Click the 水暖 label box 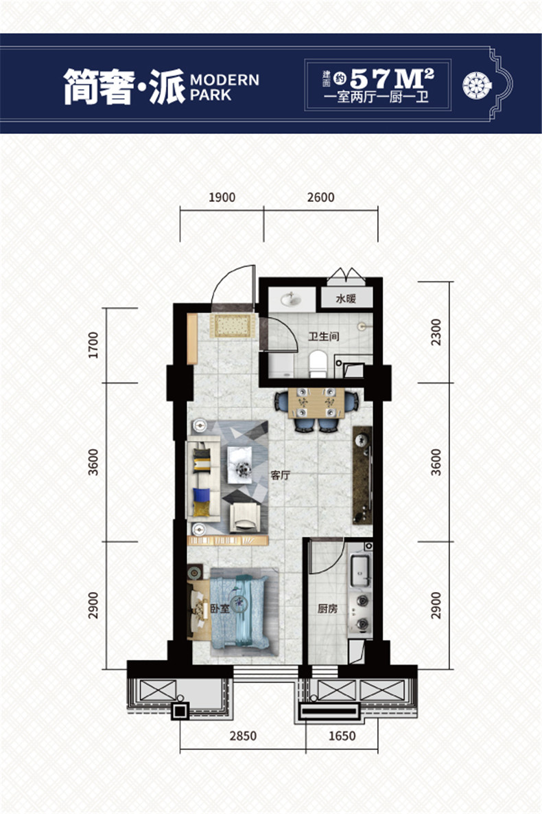[x=346, y=298]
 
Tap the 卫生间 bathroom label [x=324, y=337]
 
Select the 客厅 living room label [x=280, y=475]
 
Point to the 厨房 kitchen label [x=327, y=609]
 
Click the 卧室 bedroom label [x=220, y=609]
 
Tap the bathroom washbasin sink [x=291, y=299]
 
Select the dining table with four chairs [x=316, y=409]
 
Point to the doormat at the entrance [x=233, y=326]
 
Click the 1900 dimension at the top [x=222, y=197]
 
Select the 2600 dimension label [x=320, y=197]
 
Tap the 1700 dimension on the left [x=93, y=346]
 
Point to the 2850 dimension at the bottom [x=243, y=736]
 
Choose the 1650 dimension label [x=342, y=736]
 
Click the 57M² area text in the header [x=392, y=78]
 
